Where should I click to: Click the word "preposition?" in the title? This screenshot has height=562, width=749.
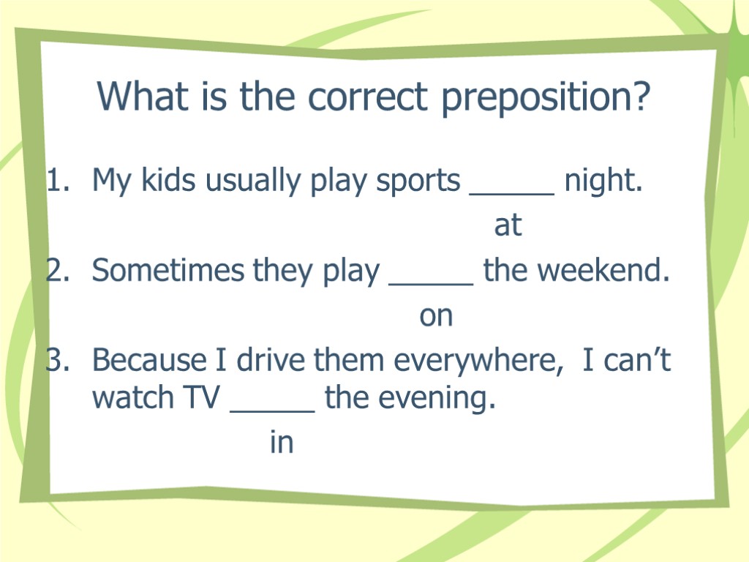coord(545,98)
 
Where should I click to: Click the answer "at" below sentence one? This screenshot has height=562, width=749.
coord(508,226)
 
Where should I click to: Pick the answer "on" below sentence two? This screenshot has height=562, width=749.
coord(436,316)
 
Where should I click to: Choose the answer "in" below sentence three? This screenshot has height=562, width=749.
coord(282,443)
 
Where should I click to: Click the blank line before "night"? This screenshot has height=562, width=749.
coord(511,192)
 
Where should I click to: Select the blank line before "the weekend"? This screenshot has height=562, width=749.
coord(432,282)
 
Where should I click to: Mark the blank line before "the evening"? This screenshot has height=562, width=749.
coord(272,410)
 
